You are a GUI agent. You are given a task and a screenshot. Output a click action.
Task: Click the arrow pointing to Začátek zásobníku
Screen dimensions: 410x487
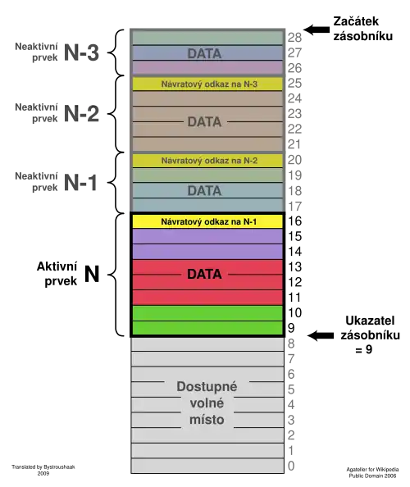tap(317, 30)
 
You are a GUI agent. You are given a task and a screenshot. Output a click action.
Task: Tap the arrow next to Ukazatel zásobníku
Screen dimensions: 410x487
tap(321, 335)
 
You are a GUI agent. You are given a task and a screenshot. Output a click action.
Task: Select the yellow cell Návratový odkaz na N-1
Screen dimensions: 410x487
tap(207, 221)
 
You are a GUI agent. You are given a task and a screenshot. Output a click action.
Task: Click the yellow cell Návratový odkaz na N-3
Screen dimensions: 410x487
tap(207, 84)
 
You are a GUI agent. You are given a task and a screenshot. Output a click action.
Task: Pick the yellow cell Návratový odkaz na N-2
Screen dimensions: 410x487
tap(207, 161)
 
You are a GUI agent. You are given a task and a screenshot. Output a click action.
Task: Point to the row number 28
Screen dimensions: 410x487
tap(294, 38)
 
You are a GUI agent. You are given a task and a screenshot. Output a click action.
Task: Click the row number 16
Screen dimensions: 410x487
tap(294, 221)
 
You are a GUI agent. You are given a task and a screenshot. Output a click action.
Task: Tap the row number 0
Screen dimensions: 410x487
tap(291, 466)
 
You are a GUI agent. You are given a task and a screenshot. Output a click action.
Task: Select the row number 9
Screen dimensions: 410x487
tap(291, 328)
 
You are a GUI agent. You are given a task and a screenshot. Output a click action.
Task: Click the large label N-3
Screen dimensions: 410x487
tap(81, 52)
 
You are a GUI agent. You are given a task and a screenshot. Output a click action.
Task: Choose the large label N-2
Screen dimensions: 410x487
tap(81, 113)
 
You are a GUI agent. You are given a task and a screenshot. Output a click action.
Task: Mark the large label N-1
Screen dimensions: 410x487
tap(80, 182)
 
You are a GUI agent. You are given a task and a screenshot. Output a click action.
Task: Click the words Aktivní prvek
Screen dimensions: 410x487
tap(57, 274)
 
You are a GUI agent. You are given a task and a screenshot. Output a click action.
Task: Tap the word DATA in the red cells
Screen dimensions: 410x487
tap(204, 275)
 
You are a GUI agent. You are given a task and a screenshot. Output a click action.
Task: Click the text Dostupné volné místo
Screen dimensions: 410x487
tap(207, 403)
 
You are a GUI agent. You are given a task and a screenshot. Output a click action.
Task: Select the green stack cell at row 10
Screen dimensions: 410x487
tap(207, 313)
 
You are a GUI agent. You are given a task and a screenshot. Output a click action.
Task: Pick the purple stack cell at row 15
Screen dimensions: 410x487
tap(207, 237)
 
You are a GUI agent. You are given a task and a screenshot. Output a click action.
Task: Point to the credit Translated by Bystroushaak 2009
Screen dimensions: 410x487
tap(43, 470)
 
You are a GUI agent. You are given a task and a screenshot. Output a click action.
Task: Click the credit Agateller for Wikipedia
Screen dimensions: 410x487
tap(372, 469)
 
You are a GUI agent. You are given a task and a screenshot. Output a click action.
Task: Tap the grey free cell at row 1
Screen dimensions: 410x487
tap(207, 451)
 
